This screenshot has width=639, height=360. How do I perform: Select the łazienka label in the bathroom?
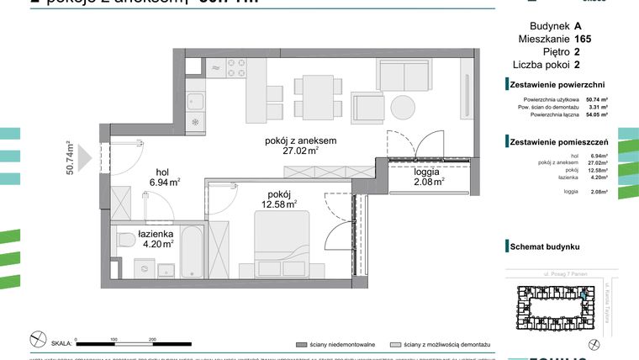pos(156,235)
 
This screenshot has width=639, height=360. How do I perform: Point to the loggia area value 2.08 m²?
pos(428,181)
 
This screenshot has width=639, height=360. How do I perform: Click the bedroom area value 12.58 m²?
pos(280,204)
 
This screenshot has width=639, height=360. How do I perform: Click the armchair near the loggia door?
pos(369,107)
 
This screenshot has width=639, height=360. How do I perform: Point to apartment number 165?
pos(583,39)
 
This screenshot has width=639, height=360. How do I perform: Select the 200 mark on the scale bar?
pos(152,340)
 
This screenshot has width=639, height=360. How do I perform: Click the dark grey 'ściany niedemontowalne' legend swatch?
pos(300,345)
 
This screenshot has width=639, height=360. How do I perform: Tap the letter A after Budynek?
pos(578,25)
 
